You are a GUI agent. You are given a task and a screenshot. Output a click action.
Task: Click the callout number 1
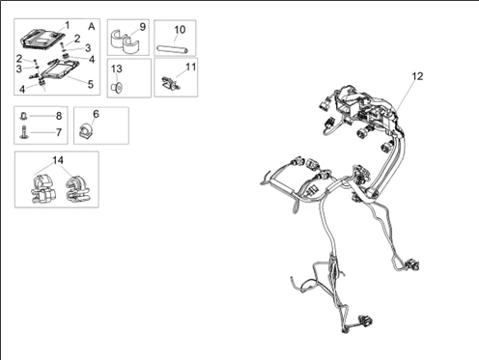(x=67, y=25)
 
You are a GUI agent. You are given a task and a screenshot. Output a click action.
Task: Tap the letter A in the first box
(x=92, y=26)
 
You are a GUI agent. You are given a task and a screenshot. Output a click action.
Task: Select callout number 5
(x=91, y=84)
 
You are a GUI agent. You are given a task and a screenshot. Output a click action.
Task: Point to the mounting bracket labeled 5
(x=58, y=69)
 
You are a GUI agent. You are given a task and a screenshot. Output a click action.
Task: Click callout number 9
(x=143, y=27)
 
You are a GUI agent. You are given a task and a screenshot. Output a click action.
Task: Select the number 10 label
(x=180, y=30)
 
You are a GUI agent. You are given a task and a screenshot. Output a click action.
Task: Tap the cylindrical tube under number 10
(x=172, y=49)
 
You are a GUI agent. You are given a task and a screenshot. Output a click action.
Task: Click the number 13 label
(x=117, y=69)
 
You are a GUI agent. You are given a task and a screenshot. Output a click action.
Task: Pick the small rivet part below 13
(x=117, y=87)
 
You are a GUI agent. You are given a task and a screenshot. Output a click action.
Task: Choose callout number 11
(x=191, y=67)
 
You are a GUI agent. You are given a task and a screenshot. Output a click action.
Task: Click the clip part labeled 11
(x=170, y=83)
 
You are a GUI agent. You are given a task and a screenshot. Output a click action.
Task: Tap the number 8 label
(x=59, y=116)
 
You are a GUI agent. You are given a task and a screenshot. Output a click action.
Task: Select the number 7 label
(x=59, y=132)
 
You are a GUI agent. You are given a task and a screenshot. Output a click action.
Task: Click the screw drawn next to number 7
(x=24, y=132)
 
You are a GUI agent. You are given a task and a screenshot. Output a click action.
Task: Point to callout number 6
(x=96, y=114)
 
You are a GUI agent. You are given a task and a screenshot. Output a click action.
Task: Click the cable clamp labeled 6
(x=85, y=130)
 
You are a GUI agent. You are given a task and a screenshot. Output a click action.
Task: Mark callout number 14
(x=58, y=160)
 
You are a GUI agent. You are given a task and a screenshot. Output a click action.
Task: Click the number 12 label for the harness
(x=417, y=76)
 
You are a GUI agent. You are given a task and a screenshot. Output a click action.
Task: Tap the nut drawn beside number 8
(x=24, y=116)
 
